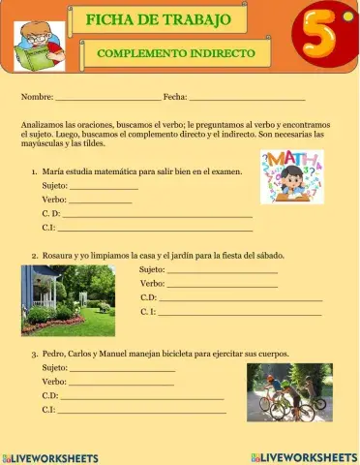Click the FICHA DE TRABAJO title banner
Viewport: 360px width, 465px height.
coord(159,19)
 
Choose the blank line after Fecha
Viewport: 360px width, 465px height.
coord(247,98)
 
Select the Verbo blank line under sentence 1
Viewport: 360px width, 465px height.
coord(101,199)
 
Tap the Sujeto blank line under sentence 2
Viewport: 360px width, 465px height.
coord(222,269)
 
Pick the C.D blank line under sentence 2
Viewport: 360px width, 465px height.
coord(239,298)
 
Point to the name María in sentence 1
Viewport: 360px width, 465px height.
coord(54,170)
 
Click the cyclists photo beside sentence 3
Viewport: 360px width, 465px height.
coord(289,393)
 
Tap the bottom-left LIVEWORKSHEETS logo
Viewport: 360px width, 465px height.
coord(50,457)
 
